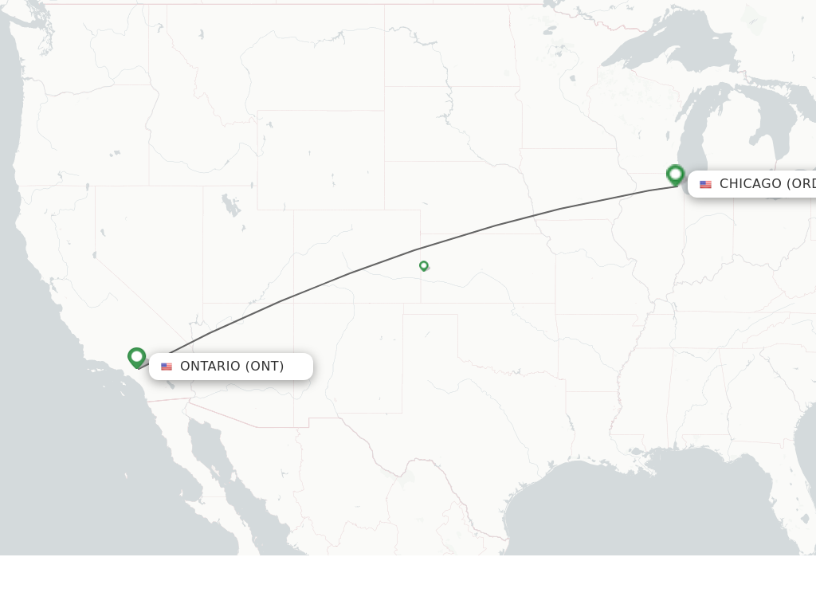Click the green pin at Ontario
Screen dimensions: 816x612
coord(136,357)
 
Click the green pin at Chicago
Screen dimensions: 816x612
coord(676,175)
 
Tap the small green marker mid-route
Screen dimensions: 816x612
coord(424,265)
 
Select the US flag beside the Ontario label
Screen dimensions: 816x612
coord(167,367)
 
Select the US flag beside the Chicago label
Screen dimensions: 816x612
coord(705,184)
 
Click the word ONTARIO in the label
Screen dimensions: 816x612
coord(210,367)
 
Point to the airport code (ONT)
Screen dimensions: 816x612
coord(265,367)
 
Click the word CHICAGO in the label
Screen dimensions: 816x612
coord(750,184)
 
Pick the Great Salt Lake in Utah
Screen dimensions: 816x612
coord(231,205)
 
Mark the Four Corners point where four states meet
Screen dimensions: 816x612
coord(294,303)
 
